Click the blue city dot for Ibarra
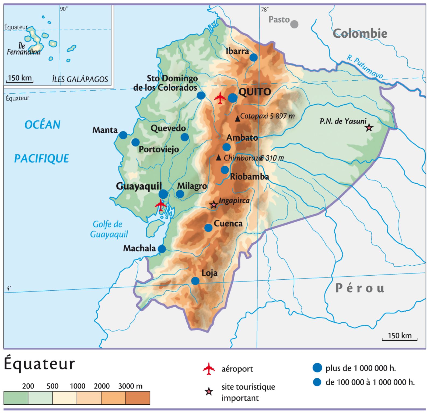(x=253, y=58)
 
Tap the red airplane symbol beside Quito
(x=220, y=98)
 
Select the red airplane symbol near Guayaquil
(x=161, y=205)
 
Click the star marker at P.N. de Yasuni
(x=369, y=127)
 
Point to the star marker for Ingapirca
(x=214, y=205)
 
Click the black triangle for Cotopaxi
(x=237, y=119)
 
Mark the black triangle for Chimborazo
(x=219, y=158)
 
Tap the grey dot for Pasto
(x=295, y=24)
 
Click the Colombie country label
(x=360, y=33)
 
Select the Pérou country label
(x=360, y=288)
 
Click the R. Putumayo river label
(x=365, y=67)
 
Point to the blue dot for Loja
(x=195, y=281)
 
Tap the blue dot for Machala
(x=162, y=249)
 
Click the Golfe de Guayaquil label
(x=109, y=229)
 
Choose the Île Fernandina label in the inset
(x=24, y=49)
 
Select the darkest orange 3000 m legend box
(x=138, y=398)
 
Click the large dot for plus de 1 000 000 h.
(x=317, y=368)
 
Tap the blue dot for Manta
(x=123, y=135)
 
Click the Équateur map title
(x=39, y=364)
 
